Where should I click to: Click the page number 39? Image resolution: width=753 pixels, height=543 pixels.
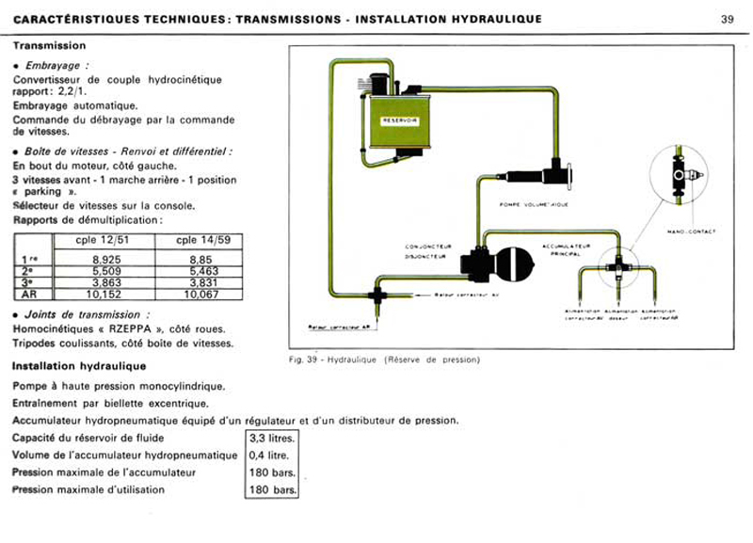(x=727, y=19)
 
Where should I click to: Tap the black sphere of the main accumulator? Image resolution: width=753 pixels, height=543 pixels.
(x=513, y=262)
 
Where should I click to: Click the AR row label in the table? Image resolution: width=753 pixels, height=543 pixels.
(x=28, y=295)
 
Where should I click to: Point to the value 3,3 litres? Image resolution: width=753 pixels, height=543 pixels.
(x=272, y=439)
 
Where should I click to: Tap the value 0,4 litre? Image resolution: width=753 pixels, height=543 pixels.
(x=269, y=455)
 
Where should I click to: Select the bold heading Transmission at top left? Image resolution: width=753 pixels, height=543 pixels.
(x=49, y=45)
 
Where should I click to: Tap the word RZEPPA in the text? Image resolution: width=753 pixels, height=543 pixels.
(x=127, y=328)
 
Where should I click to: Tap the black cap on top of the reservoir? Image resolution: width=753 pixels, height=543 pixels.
(x=380, y=84)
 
